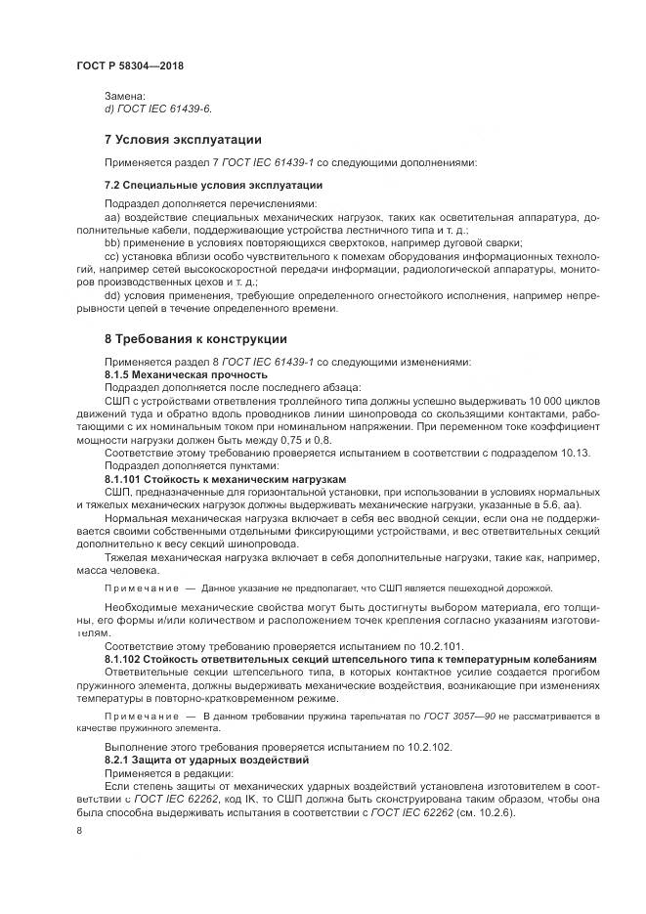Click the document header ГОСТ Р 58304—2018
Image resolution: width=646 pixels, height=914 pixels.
(129, 65)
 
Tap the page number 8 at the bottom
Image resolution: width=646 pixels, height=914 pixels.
(79, 830)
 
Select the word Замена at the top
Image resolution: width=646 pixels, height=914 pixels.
(124, 96)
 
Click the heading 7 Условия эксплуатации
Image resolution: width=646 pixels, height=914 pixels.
(183, 139)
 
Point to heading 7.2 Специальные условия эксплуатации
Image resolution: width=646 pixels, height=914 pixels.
(213, 185)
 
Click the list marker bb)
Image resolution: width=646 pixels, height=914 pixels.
(112, 242)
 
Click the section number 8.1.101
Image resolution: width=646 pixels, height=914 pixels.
(126, 479)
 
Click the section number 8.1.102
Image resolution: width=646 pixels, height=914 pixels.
(126, 662)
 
